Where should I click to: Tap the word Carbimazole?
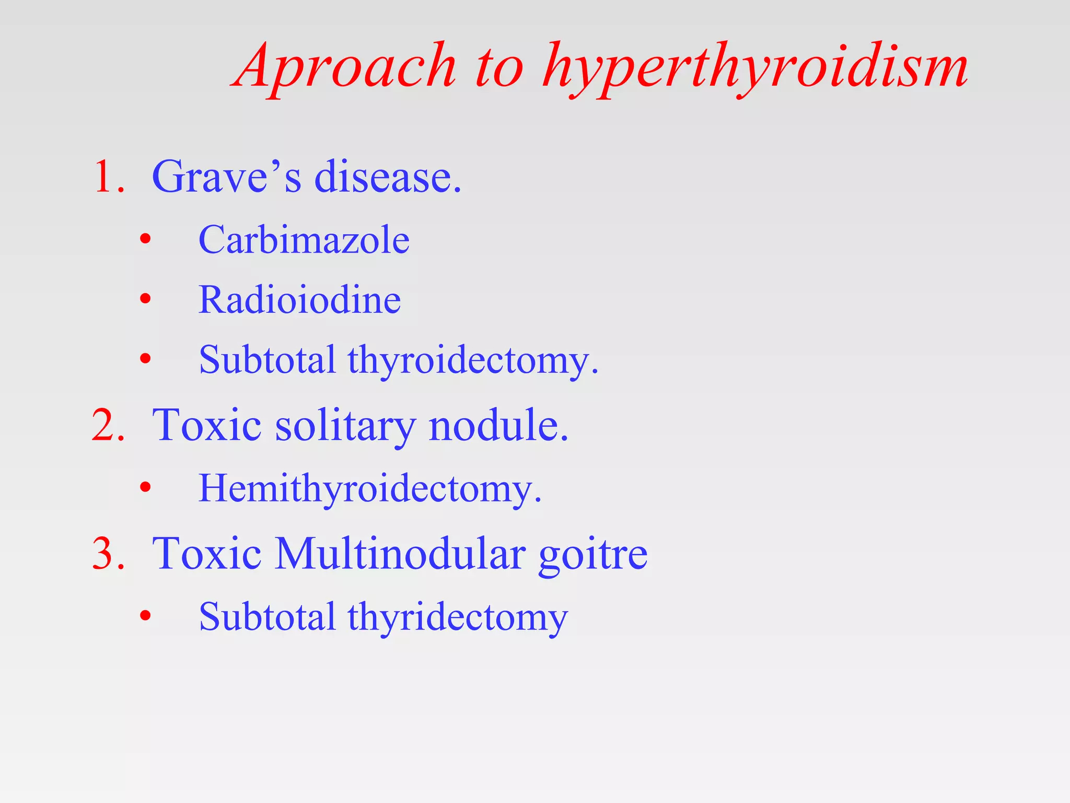coord(304,240)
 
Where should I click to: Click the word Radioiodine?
coord(300,300)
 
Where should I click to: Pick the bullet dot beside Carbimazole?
coord(145,240)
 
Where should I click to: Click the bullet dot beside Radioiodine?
coord(145,300)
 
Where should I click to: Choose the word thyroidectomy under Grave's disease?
coord(473,361)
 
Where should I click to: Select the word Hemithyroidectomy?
coord(370,489)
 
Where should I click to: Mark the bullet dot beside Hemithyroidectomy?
coord(145,488)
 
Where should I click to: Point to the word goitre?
coord(593,554)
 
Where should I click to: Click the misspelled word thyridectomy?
coord(458,617)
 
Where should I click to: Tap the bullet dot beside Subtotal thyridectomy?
coord(145,616)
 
